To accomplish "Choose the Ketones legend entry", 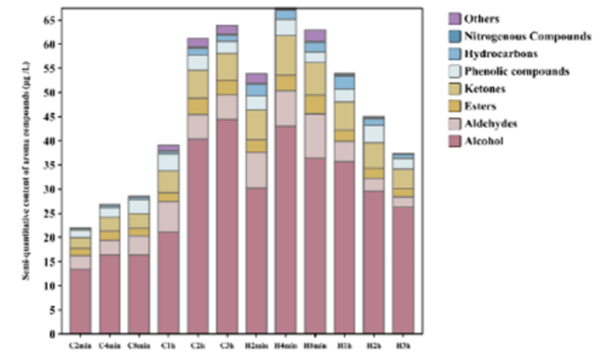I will [x=484, y=89].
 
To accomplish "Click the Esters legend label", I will [x=480, y=106].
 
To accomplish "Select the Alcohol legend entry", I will [x=483, y=141].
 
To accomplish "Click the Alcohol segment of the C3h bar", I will [x=227, y=225].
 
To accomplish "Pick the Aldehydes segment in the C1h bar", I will [x=168, y=216].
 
